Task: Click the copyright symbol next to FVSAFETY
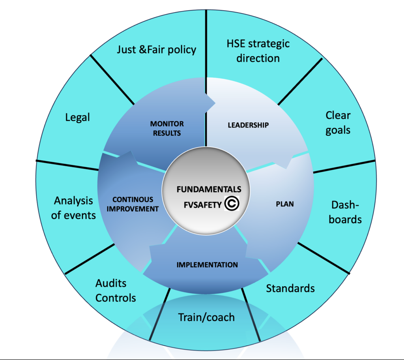231,203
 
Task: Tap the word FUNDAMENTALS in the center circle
209,189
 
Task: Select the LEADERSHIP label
248,125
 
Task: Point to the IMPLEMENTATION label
208,264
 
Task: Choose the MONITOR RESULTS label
167,129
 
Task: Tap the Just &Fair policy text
157,50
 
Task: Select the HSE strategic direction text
258,51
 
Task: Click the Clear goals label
338,123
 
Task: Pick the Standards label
290,288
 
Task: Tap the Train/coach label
206,317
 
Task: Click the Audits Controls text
116,290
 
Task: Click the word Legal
77,117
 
